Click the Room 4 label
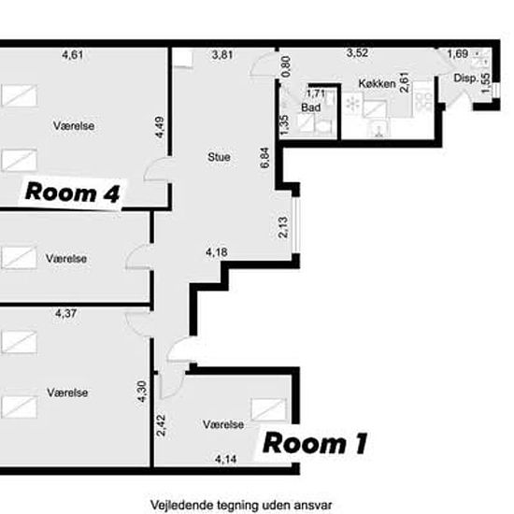pyautogui.click(x=73, y=193)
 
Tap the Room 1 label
pyautogui.click(x=315, y=444)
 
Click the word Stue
pyautogui.click(x=219, y=157)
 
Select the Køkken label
pyautogui.click(x=377, y=83)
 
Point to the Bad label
pyautogui.click(x=311, y=107)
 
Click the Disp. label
pyautogui.click(x=466, y=78)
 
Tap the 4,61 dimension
pyautogui.click(x=73, y=54)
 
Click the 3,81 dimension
pyautogui.click(x=222, y=54)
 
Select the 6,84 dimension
pyautogui.click(x=264, y=158)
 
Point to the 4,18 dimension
pyautogui.click(x=217, y=252)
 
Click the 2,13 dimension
pyautogui.click(x=283, y=227)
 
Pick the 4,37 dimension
pyautogui.click(x=66, y=313)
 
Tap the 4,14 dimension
pyautogui.click(x=226, y=459)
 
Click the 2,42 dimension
pyautogui.click(x=161, y=425)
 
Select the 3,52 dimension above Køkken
pyautogui.click(x=357, y=52)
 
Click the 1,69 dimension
pyautogui.click(x=458, y=54)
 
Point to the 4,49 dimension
pyautogui.click(x=160, y=127)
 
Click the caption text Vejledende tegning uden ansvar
pyautogui.click(x=241, y=505)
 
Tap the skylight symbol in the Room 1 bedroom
pyautogui.click(x=268, y=409)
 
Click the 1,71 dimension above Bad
pyautogui.click(x=316, y=93)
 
